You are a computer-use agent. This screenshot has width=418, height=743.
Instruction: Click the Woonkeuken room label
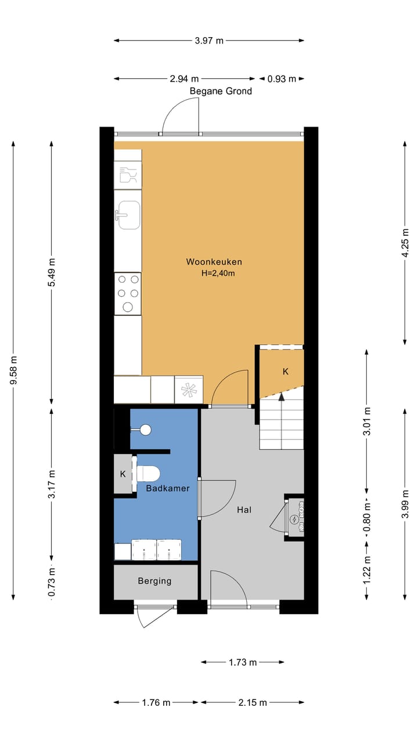(214, 262)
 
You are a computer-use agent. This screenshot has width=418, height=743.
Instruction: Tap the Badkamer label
(168, 488)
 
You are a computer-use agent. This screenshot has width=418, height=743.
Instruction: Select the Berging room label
(154, 581)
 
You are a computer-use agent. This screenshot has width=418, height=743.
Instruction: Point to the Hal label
(244, 510)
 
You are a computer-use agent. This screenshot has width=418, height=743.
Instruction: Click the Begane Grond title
(221, 91)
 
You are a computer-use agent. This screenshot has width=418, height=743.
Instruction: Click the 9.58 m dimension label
(13, 370)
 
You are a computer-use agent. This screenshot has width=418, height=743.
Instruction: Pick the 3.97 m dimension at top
(209, 41)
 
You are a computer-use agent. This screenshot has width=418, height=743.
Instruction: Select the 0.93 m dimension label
(282, 79)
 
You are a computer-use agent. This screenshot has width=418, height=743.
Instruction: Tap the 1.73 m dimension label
(243, 662)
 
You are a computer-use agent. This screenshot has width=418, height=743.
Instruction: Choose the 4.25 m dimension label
(405, 243)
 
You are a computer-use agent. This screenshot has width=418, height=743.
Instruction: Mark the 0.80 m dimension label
(367, 517)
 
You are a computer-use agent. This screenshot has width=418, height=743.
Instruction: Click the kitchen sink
(128, 215)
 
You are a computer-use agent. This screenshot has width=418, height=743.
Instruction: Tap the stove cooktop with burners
(128, 294)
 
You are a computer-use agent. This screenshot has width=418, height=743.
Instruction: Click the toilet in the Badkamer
(148, 473)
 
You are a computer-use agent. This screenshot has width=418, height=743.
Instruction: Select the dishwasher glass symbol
(128, 175)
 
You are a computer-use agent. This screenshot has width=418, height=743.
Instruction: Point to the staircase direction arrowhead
(282, 396)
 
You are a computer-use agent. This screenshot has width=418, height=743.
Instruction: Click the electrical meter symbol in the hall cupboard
(294, 520)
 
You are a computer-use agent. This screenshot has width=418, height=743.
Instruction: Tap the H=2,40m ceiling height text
(218, 273)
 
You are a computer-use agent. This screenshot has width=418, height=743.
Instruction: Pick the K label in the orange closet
(285, 372)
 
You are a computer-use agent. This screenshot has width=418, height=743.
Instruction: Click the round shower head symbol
(145, 430)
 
